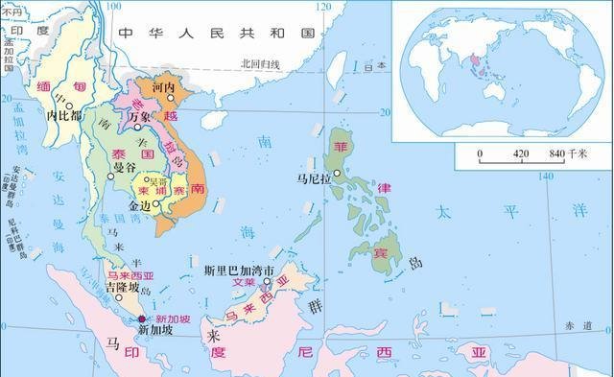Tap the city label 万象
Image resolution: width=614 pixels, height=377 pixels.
pos(140,115)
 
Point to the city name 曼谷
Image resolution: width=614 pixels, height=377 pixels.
pos(125,168)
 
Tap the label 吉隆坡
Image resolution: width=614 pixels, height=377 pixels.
pos(123,286)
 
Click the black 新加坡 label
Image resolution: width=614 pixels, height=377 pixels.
pos(156,332)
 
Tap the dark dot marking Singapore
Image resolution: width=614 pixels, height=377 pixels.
pos(143,318)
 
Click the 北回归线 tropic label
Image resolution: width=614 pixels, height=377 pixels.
pos(260,64)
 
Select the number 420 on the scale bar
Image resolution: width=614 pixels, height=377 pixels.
pos(521,153)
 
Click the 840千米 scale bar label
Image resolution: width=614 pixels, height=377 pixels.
pos(572,153)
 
